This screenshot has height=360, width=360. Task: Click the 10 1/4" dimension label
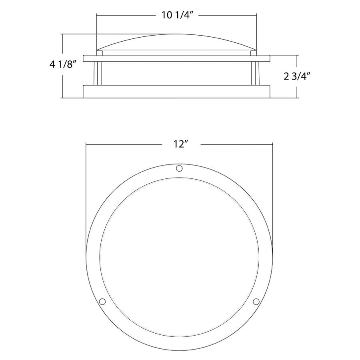pos(177,16)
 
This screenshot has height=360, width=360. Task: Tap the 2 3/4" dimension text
pos(297,76)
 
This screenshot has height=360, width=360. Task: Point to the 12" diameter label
pos(181,144)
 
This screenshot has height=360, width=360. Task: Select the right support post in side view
pos(255,73)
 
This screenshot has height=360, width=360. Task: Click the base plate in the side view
pos(177,92)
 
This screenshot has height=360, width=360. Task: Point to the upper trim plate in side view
pos(177,58)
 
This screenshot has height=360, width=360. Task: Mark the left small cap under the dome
pos(100,52)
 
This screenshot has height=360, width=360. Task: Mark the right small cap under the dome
pos(253,52)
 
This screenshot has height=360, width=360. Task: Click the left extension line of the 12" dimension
pos(86,192)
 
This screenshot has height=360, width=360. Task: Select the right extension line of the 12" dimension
pos(273,192)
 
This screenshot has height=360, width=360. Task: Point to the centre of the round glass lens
pos(179,256)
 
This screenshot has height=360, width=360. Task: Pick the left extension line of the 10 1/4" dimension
pos(97,32)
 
